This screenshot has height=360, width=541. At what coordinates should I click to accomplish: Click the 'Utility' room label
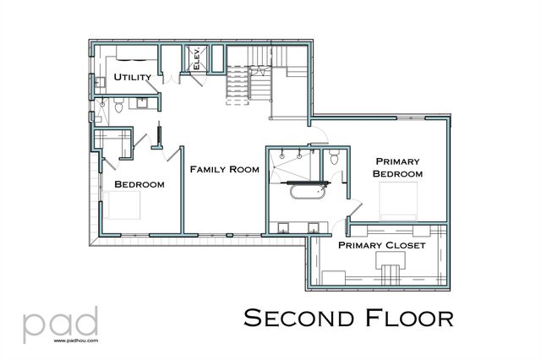[x=133, y=78]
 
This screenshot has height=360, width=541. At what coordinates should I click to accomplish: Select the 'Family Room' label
[x=223, y=170]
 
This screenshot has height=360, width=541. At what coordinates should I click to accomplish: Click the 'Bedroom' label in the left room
[x=139, y=184]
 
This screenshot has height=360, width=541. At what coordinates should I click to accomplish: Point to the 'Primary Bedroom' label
[x=398, y=166]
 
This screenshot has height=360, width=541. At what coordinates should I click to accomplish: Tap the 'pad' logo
[x=60, y=324]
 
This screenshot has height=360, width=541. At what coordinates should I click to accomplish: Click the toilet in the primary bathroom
[x=336, y=157]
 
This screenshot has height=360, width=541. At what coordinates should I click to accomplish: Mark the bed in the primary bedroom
[x=398, y=201]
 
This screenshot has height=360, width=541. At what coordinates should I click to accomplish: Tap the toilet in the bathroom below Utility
[x=118, y=105]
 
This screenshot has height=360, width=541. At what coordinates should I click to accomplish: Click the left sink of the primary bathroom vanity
[x=282, y=226]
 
